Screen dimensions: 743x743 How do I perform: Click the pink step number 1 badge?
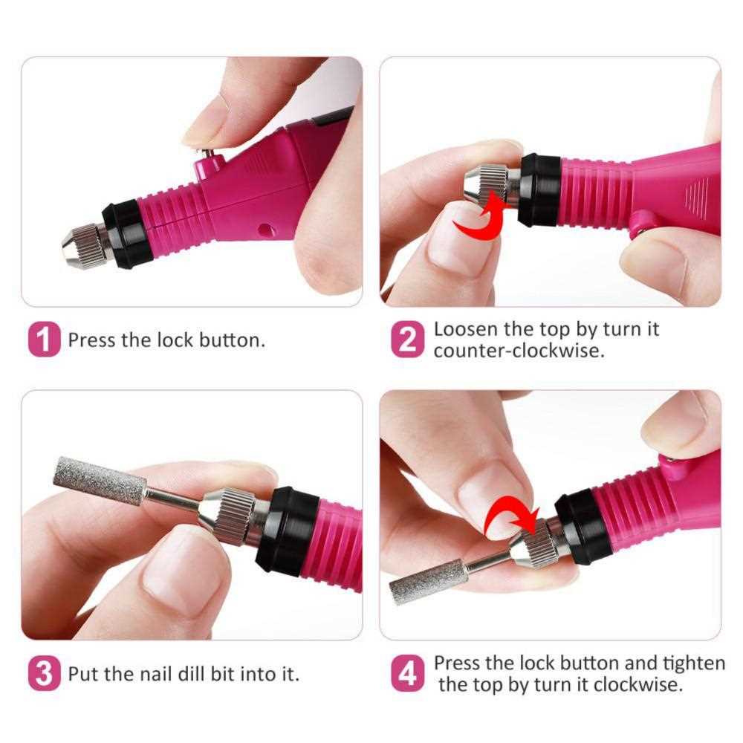click(x=45, y=341)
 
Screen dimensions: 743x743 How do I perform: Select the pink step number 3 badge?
click(x=45, y=674)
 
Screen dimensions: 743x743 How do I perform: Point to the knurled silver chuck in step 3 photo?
click(x=232, y=513)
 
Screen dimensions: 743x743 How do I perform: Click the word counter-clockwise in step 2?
click(x=519, y=351)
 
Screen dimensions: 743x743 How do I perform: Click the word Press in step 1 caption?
click(x=91, y=341)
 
